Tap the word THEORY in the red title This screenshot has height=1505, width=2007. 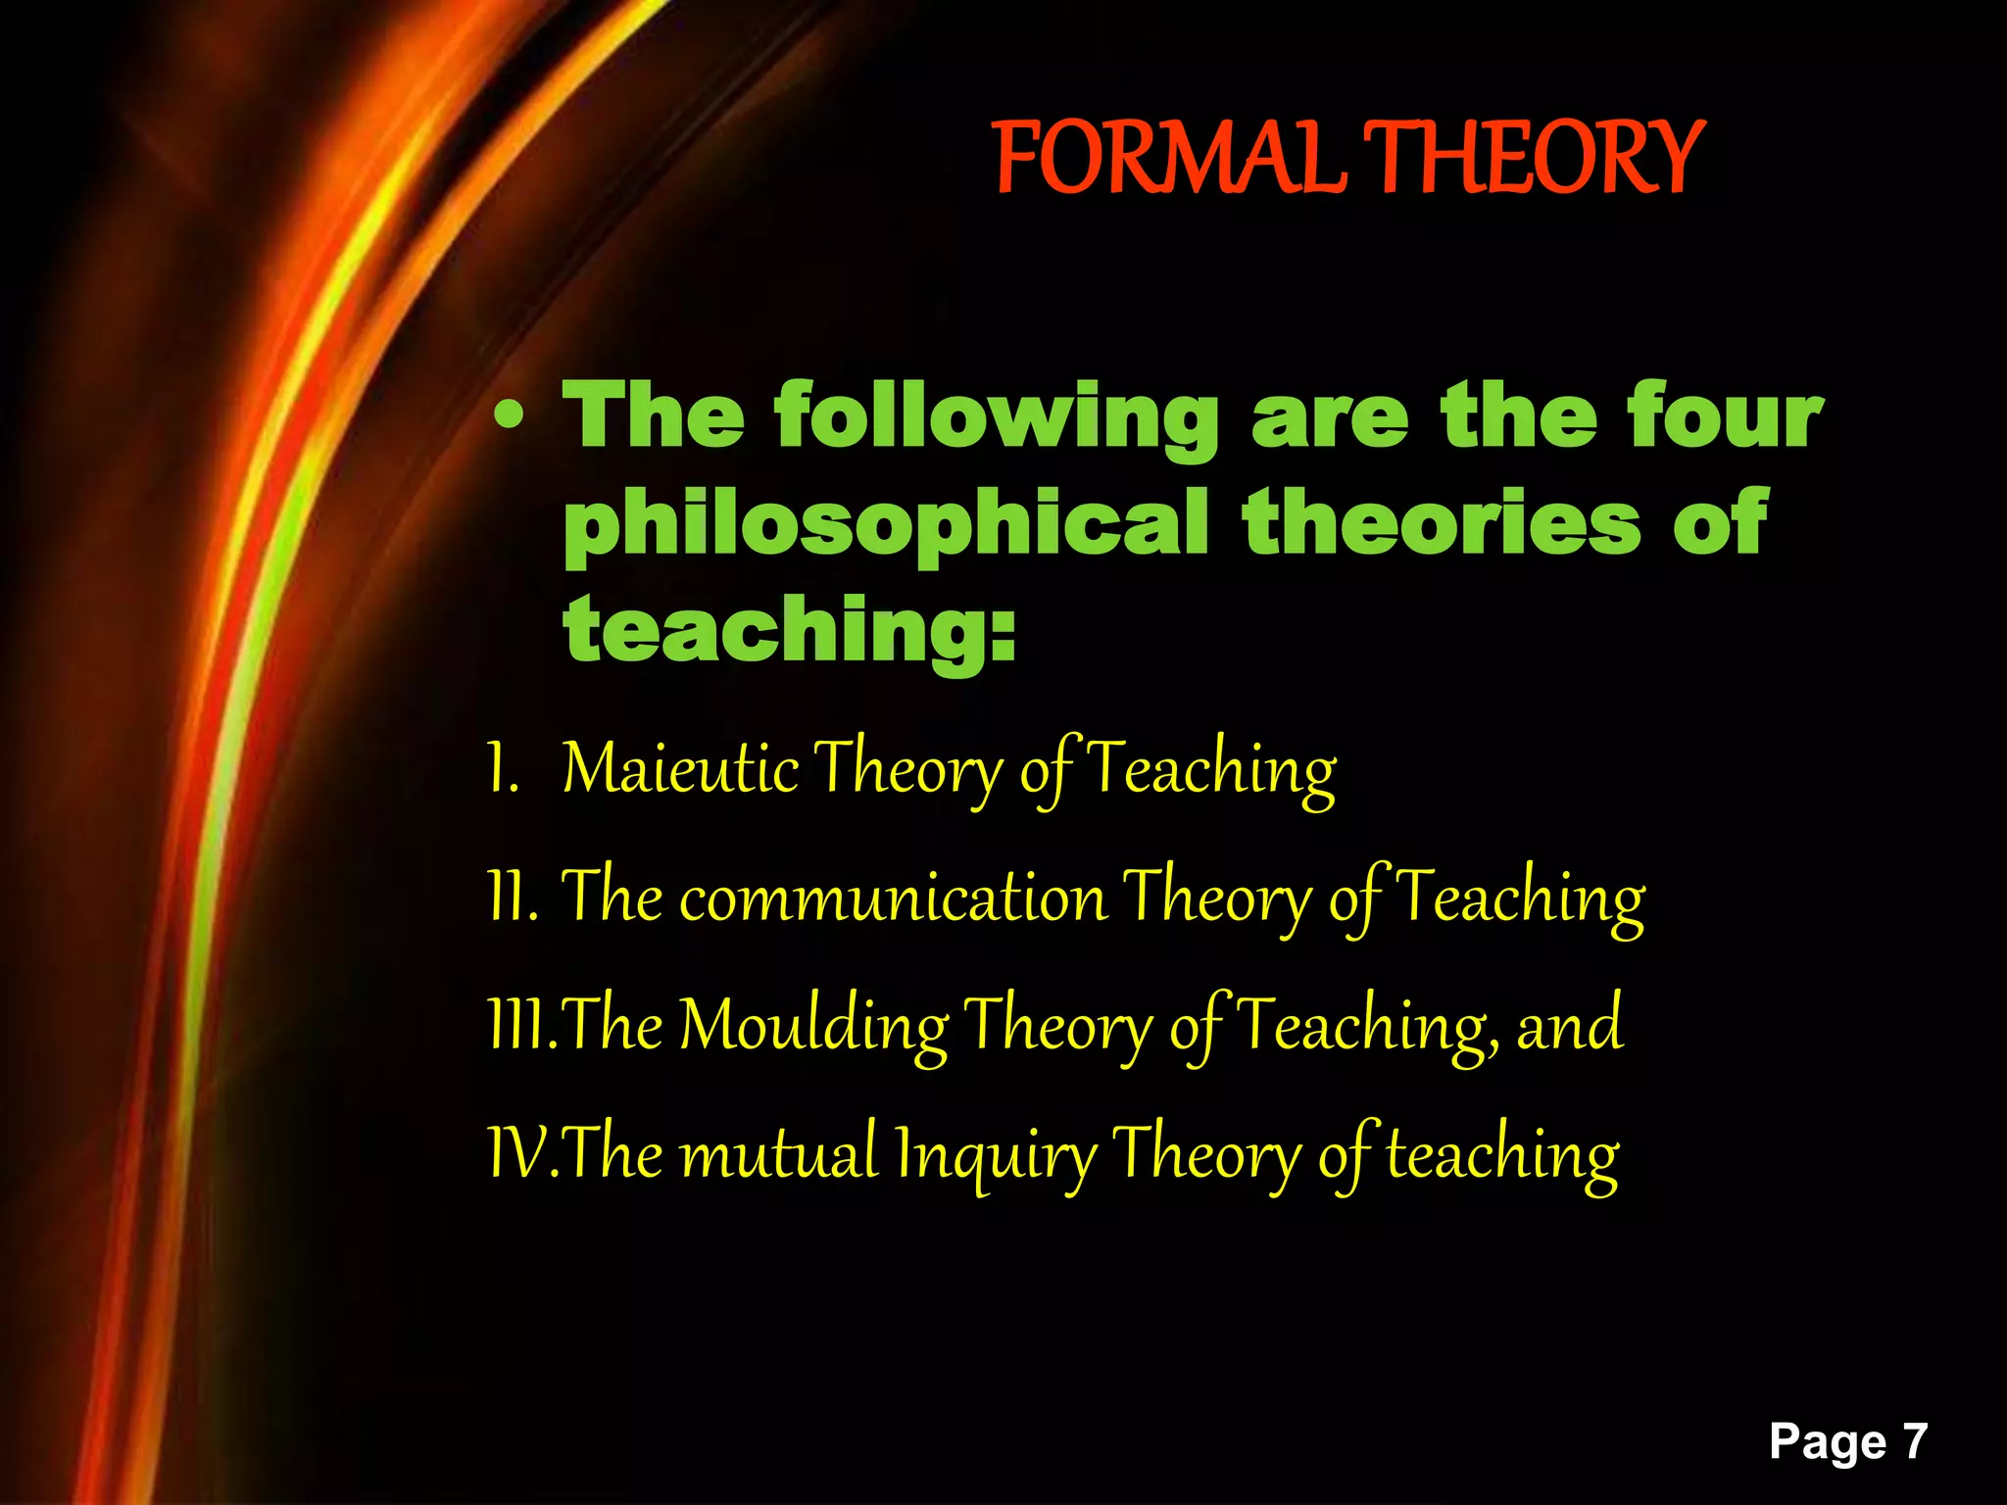1534,158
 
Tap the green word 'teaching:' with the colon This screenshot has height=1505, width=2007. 790,632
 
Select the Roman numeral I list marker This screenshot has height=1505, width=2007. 502,769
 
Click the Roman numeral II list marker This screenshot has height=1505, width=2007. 512,897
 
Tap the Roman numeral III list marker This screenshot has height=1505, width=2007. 521,1025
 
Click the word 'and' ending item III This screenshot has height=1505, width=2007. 1570,1025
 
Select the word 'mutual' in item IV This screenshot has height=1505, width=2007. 779,1153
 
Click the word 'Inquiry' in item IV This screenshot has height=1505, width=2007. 996,1157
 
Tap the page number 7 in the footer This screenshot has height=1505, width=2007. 1914,1441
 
